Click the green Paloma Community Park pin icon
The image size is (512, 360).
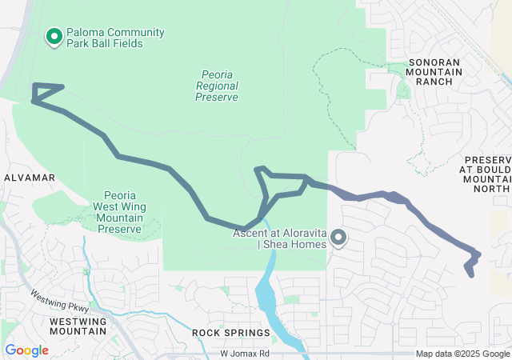tap(54, 37)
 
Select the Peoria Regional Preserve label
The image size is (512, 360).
tap(217, 86)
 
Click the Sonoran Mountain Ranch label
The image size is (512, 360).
tap(435, 71)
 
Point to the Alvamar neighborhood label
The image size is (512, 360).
tap(30, 177)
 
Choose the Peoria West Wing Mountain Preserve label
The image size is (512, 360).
tap(119, 211)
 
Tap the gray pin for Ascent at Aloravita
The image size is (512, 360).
tap(338, 237)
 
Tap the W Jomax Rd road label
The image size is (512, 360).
tap(245, 353)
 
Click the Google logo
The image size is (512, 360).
tap(26, 350)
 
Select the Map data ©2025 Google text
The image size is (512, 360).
tap(462, 354)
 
